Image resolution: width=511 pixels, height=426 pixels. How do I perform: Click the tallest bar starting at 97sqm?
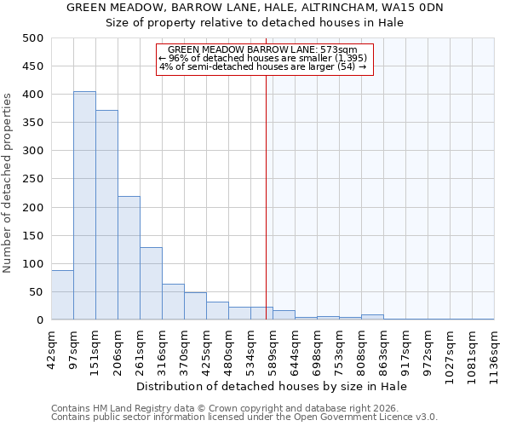[x=84, y=205]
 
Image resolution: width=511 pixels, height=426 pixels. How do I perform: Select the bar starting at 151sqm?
[x=106, y=215]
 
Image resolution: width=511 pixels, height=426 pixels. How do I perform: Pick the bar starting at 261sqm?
[x=151, y=284]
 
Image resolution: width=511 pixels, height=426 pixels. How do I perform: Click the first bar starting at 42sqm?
[x=62, y=295]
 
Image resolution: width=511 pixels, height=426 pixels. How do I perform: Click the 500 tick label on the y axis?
[x=32, y=38]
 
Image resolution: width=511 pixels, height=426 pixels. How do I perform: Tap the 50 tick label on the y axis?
[x=36, y=292]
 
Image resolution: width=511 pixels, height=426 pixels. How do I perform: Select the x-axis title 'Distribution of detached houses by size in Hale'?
[x=272, y=386]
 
